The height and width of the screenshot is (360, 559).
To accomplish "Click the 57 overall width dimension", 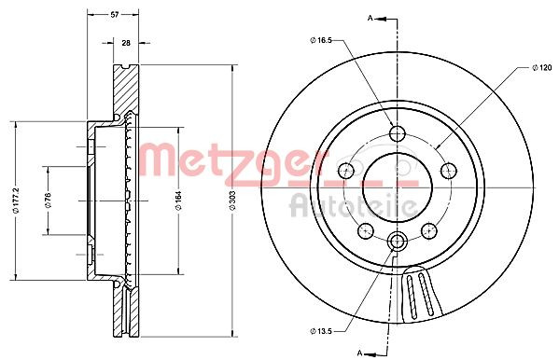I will [x=114, y=15].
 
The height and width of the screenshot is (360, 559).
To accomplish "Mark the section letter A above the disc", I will [x=370, y=19].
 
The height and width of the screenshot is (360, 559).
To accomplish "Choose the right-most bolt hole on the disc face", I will [x=447, y=170].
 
